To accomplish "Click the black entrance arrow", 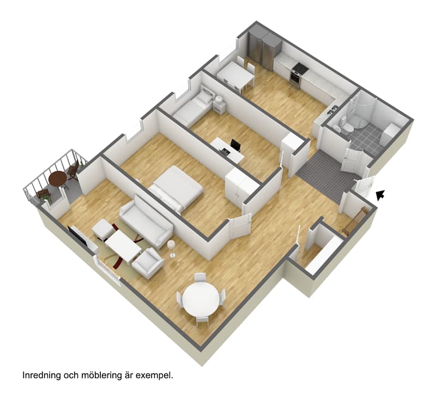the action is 380,195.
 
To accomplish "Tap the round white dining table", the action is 201,298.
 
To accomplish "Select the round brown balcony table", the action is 58,178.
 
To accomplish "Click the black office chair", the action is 235,146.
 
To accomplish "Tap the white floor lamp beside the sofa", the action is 171,249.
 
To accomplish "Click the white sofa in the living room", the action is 146,221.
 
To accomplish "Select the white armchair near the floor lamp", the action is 147,263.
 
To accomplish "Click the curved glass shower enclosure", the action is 362,111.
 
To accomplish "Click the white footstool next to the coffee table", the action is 103,229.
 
